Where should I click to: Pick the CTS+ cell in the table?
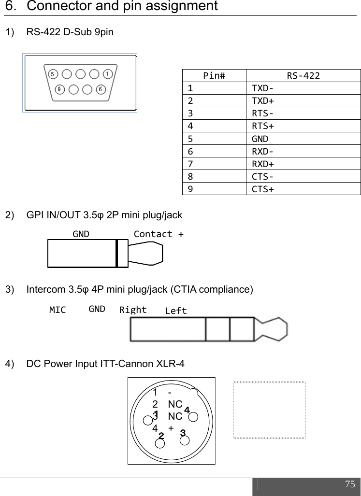click(x=263, y=189)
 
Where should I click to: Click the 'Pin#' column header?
click(x=214, y=75)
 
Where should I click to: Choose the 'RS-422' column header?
click(x=303, y=75)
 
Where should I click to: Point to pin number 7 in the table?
click(x=190, y=164)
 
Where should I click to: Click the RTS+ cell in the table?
click(x=263, y=126)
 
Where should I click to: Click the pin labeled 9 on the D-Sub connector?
click(x=59, y=89)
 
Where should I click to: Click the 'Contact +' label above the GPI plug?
click(x=159, y=234)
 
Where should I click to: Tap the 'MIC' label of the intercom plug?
click(x=58, y=310)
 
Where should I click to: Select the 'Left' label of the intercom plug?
click(x=175, y=311)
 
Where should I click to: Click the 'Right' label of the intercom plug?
click(x=133, y=310)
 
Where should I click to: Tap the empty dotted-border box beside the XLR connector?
click(x=269, y=410)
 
